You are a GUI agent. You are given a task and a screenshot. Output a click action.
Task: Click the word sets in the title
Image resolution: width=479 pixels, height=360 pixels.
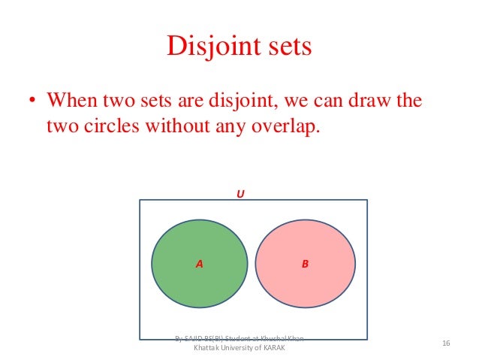tap(285, 47)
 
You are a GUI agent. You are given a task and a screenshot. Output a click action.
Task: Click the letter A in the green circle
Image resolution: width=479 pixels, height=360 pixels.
tap(200, 264)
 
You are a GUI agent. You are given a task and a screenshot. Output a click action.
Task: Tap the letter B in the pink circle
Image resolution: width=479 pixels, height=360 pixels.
tap(306, 264)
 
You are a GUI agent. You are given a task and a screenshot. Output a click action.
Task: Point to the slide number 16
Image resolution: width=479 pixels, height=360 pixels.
tap(445, 343)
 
